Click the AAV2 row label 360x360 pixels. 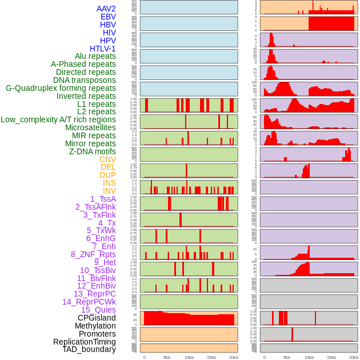click(106, 9)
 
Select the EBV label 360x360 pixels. click(108, 17)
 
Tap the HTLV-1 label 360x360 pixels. click(103, 49)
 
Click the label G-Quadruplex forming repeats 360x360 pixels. click(61, 88)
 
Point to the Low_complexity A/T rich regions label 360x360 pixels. click(58, 119)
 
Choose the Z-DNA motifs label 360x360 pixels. click(93, 151)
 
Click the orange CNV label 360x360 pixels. click(107, 159)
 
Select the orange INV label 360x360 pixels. click(109, 191)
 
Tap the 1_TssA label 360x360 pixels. click(103, 199)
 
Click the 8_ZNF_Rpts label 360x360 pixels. click(93, 254)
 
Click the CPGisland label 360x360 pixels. click(97, 318)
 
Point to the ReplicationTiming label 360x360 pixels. click(85, 342)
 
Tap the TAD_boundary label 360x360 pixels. click(89, 349)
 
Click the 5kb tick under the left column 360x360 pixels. click(167, 357)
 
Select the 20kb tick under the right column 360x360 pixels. click(354, 357)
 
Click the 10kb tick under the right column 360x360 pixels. click(309, 357)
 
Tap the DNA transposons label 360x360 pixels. click(85, 80)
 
